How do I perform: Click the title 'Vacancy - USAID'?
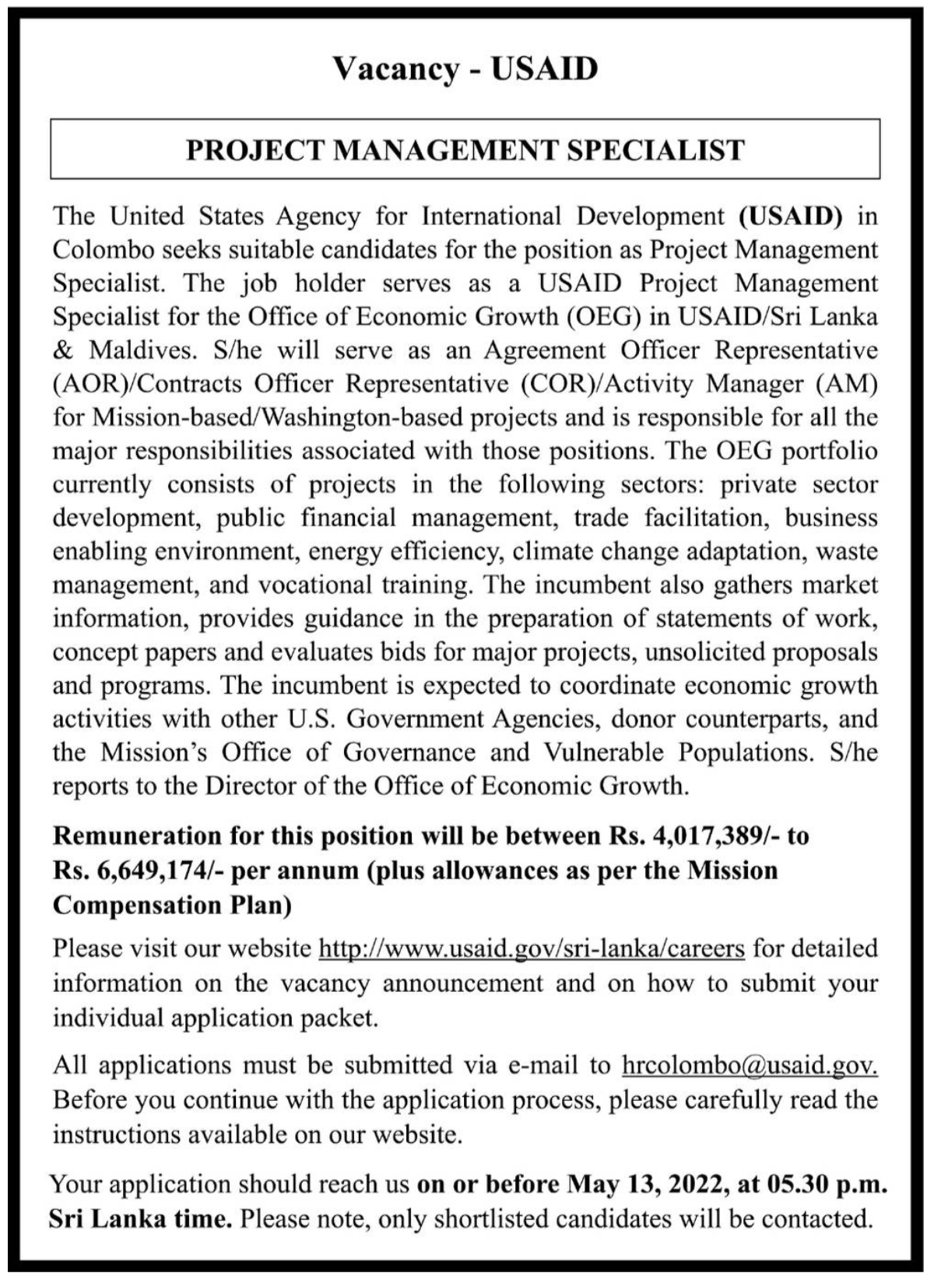coord(465,69)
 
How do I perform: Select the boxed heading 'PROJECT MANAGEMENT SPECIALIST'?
coord(465,149)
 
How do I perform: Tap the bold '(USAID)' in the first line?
coord(790,216)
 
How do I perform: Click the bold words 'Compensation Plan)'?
coord(172,904)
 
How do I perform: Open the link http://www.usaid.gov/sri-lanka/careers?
coord(532,948)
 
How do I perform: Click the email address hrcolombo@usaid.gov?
coord(750,1064)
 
